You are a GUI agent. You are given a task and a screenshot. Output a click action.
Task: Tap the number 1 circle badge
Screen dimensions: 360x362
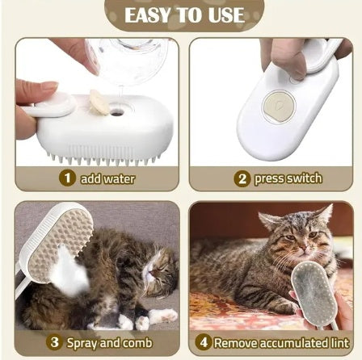click(x=68, y=178)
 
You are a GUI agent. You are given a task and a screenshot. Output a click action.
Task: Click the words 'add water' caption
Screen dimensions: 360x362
click(x=107, y=178)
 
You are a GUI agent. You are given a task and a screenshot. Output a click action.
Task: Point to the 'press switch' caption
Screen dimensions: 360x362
click(x=288, y=178)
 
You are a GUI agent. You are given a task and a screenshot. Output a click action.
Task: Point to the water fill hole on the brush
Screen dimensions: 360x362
click(x=118, y=112)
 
